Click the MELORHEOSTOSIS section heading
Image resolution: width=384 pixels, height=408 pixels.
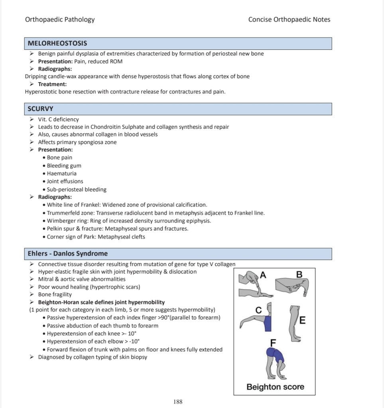tap(57, 43)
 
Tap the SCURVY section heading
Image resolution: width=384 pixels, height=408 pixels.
tap(40, 108)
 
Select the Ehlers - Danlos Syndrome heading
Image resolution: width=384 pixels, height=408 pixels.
tap(67, 253)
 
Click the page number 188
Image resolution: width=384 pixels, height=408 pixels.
tap(178, 402)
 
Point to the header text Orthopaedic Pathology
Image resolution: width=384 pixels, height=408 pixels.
tap(60, 19)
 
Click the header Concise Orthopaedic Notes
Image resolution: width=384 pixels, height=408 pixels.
tap(289, 19)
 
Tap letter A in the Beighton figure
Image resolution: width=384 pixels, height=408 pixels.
tap(262, 274)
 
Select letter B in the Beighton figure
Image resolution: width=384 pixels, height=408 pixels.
tap(299, 274)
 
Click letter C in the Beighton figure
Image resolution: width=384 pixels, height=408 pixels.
tap(258, 310)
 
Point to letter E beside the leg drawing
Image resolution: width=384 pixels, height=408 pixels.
tap(302, 320)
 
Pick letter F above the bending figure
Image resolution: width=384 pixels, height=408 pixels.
tap(273, 342)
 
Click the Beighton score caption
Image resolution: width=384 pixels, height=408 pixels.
tap(275, 387)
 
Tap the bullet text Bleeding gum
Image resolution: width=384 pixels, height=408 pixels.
tap(64, 166)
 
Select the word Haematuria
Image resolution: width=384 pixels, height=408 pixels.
tap(62, 173)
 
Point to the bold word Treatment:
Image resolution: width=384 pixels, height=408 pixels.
tap(52, 84)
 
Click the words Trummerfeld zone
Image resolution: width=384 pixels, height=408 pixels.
tap(70, 213)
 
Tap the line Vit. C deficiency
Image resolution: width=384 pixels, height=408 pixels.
tap(59, 119)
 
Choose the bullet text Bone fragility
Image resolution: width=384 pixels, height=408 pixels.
tap(55, 294)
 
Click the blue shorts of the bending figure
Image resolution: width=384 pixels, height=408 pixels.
tap(276, 354)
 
